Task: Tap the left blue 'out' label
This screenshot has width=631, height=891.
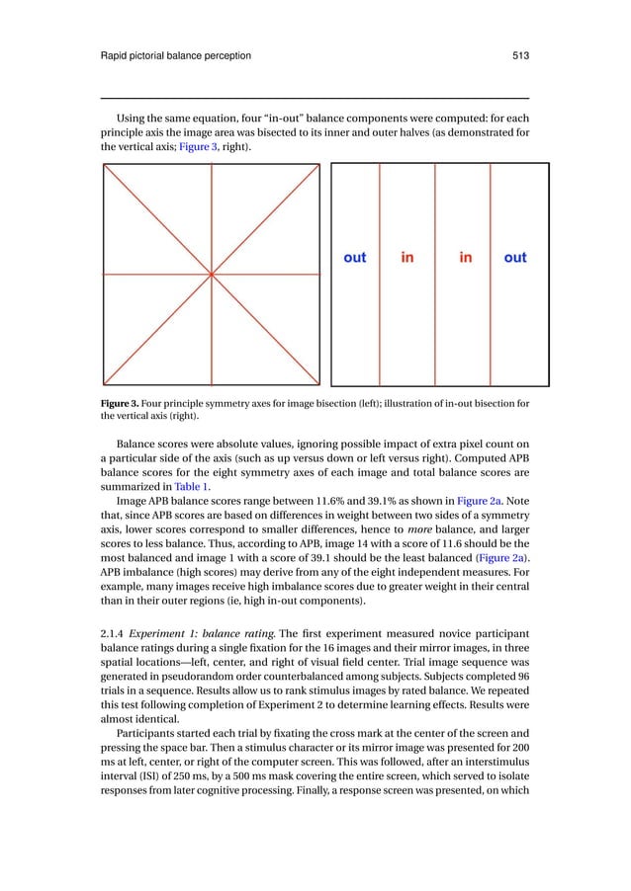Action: coord(354,258)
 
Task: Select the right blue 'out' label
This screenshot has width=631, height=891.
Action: coord(515,258)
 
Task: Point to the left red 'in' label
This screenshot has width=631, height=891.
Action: coord(407,258)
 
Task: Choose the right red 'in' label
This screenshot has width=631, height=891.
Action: coord(465,258)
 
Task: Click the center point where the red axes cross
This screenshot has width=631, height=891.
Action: coord(212,274)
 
